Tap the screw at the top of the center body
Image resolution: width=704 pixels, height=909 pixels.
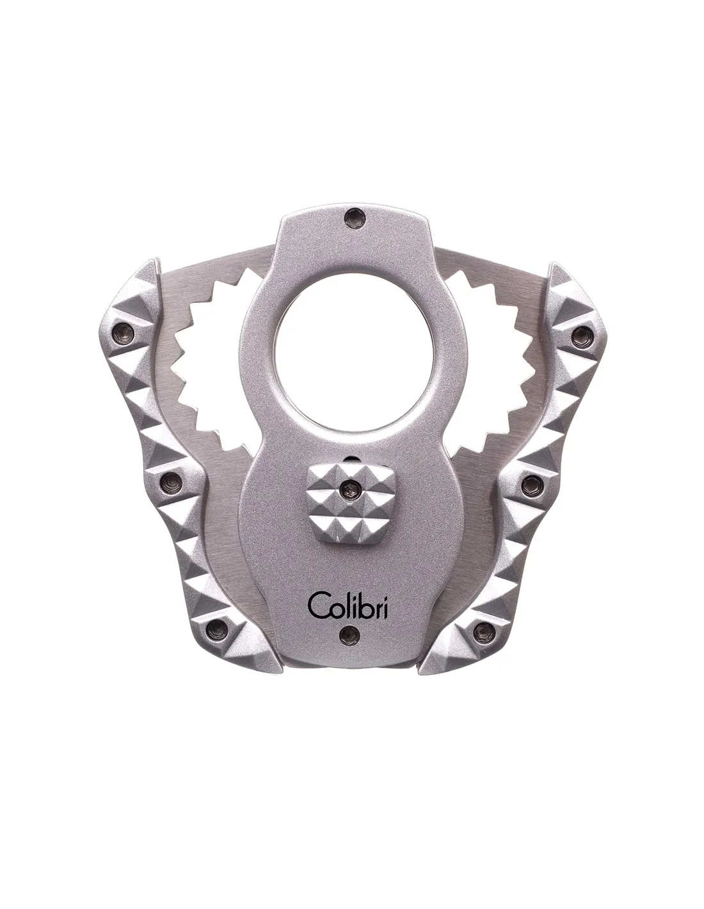[352, 217]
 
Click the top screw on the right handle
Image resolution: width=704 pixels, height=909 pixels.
[580, 334]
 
